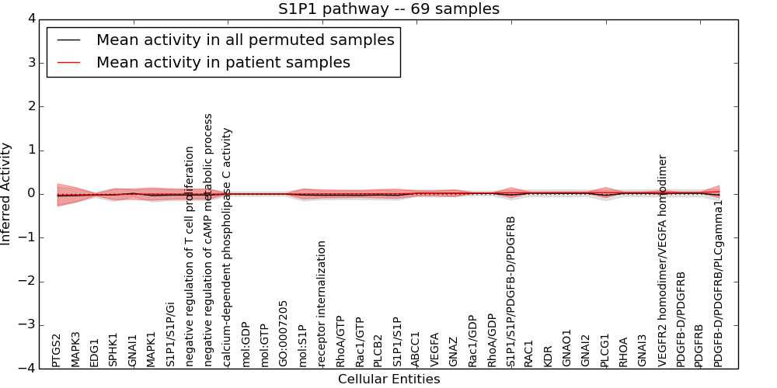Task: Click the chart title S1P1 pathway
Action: [x=388, y=9]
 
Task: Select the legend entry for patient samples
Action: [x=223, y=62]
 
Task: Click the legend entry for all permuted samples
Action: [x=245, y=40]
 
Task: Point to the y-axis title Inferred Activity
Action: [x=6, y=194]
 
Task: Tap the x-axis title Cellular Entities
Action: [x=388, y=379]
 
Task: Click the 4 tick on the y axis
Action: [x=30, y=19]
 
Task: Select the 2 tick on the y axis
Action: [x=30, y=106]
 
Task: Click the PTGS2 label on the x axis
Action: [x=56, y=350]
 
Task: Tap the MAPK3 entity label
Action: [x=75, y=349]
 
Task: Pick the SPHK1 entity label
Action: [x=113, y=350]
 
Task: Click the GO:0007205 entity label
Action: [x=284, y=333]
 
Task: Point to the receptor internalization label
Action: [x=322, y=303]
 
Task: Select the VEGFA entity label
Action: [x=435, y=349]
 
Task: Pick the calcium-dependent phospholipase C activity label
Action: [x=228, y=247]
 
